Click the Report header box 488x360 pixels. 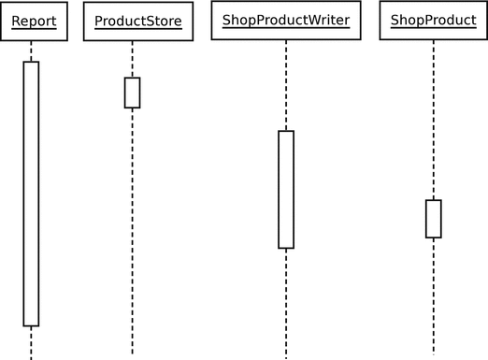(34, 21)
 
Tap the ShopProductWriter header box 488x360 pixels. (285, 21)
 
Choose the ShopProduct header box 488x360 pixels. (433, 21)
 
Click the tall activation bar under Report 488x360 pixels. (31, 194)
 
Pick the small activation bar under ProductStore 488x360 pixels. (132, 93)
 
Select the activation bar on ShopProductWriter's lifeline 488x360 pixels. (285, 189)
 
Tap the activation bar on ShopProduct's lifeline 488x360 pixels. (433, 219)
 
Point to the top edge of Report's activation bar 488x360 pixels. (31, 62)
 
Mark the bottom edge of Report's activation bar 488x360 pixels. (31, 325)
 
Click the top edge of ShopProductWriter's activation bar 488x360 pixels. (285, 131)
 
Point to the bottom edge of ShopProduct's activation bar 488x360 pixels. (433, 238)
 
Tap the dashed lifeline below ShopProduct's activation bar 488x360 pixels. (433, 295)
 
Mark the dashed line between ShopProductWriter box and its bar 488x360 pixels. (285, 84)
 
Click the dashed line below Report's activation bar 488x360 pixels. (31, 342)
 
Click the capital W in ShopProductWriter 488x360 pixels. (310, 20)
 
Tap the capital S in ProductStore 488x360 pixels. (150, 20)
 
